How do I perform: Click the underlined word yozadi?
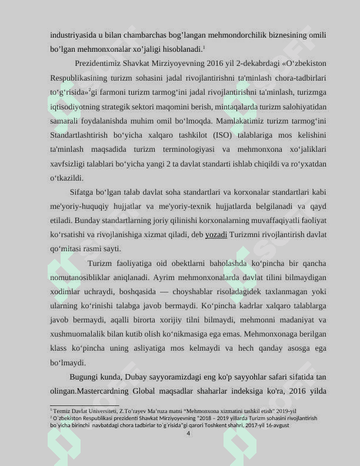(216, 235)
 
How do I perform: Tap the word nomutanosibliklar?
(87, 277)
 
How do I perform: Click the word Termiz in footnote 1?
(63, 411)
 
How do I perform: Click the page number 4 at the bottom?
(188, 434)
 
